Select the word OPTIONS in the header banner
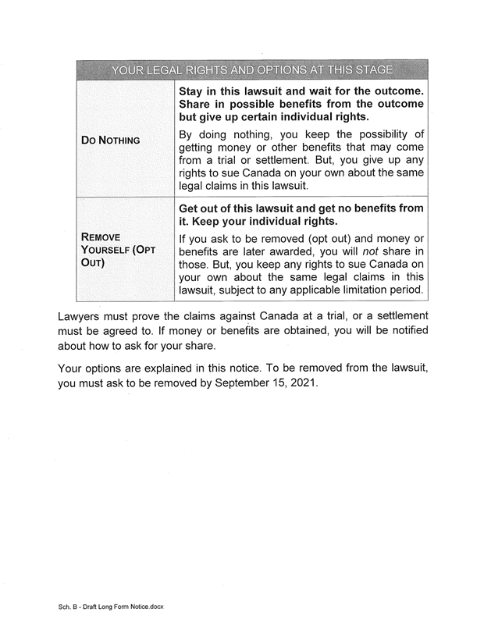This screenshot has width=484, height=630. point(260,70)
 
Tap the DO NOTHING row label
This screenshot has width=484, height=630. point(111,141)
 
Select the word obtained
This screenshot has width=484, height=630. point(260,331)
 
